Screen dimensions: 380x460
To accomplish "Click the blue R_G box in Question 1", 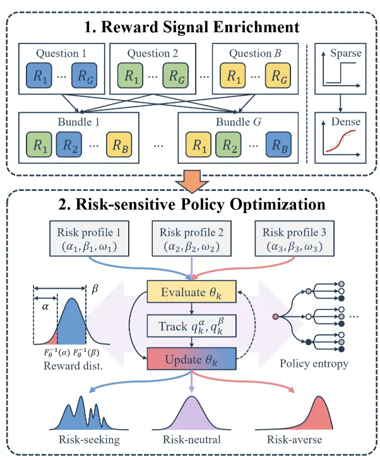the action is pos(84,76).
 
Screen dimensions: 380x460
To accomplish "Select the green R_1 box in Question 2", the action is pos(130,76).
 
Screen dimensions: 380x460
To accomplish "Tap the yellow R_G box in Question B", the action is pos(278,76).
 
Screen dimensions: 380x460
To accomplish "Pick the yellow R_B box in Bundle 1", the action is pos(119,144).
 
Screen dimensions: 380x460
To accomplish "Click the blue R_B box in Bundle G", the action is pos(278,144).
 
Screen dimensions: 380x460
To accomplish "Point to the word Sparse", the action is pos(346,53).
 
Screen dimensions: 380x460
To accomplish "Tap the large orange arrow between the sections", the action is pos(192,181).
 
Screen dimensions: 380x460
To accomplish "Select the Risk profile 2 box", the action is pos(192,239).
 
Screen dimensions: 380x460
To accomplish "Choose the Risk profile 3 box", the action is pos(294,239).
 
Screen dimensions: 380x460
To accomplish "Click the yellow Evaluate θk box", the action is pos(192,292).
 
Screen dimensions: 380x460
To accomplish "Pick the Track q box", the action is pos(192,326).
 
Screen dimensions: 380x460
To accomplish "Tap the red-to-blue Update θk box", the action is pos(192,359).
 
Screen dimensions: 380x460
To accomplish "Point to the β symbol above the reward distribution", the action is pos(95,289).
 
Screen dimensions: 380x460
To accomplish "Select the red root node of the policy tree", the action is pos(275,317).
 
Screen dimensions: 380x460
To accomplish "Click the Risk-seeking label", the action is pos(90,439).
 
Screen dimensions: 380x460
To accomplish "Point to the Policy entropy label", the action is pos(314,364).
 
